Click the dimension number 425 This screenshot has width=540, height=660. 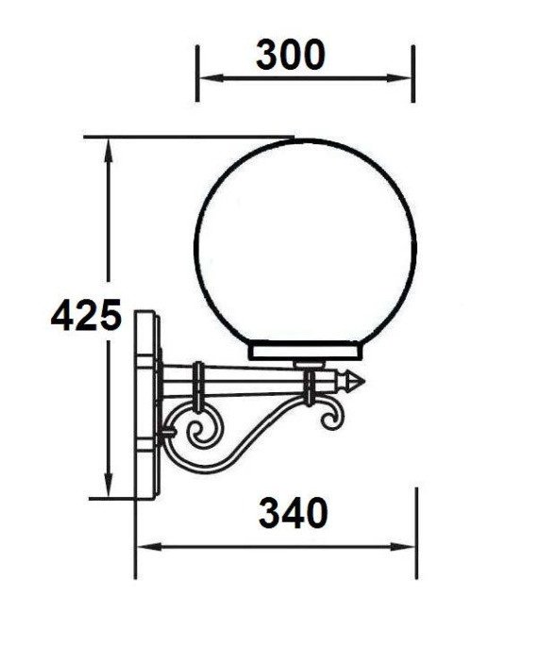(x=86, y=316)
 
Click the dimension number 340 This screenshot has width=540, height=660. (x=293, y=514)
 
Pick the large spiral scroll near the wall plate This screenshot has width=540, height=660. (x=202, y=433)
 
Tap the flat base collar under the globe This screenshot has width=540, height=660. (x=305, y=352)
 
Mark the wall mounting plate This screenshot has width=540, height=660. (x=146, y=405)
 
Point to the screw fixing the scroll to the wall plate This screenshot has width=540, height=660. (x=166, y=434)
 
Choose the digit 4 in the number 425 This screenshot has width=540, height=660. (x=63, y=316)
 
